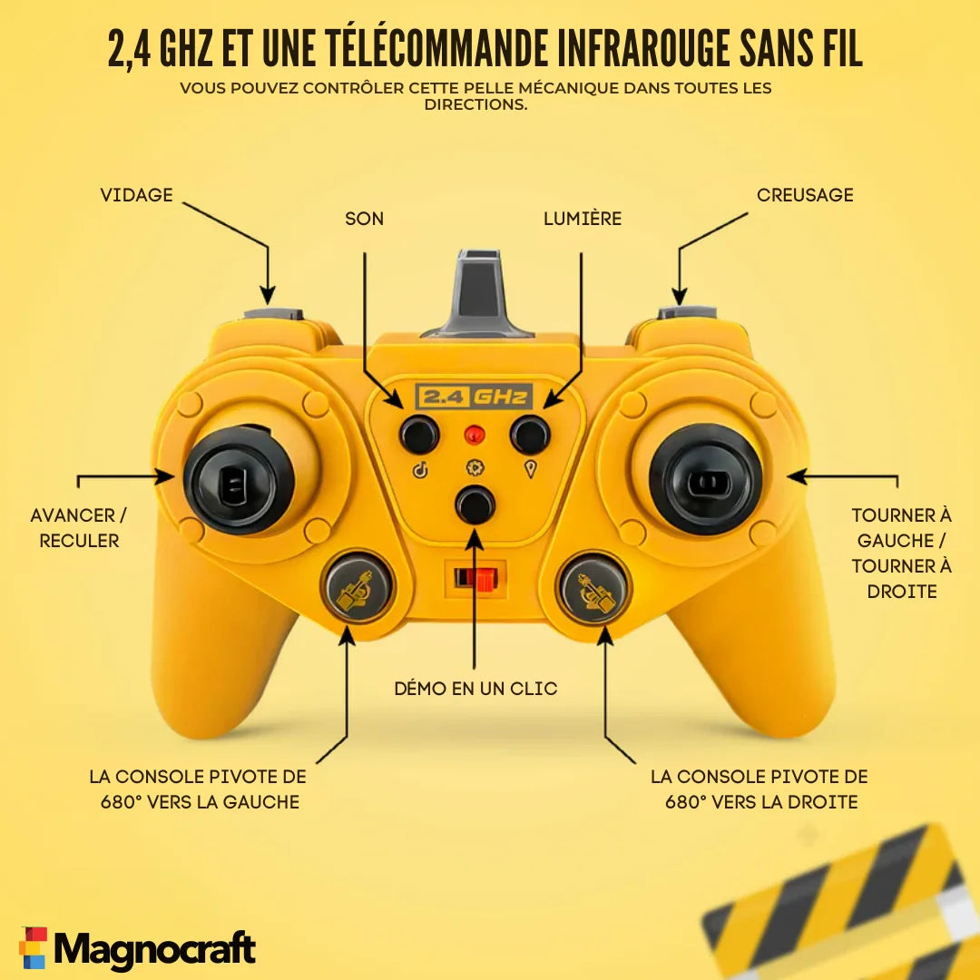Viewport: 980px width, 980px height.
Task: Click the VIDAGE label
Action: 136,195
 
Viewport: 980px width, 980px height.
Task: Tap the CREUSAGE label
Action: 805,195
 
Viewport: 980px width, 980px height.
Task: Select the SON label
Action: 365,219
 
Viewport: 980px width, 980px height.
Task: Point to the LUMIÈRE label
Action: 583,219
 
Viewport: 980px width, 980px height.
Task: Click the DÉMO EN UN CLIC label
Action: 475,688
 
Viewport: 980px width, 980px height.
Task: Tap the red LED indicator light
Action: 475,434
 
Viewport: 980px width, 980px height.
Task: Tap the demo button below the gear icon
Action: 475,505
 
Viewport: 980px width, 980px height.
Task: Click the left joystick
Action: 239,480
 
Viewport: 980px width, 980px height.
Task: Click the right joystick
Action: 706,480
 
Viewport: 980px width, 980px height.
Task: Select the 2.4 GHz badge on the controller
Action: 474,397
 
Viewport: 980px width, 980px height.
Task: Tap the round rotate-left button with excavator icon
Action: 357,587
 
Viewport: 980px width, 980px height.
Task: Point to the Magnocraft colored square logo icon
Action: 34,947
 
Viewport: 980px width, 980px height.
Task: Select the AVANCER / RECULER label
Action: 79,528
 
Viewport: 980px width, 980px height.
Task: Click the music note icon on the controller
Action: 420,469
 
